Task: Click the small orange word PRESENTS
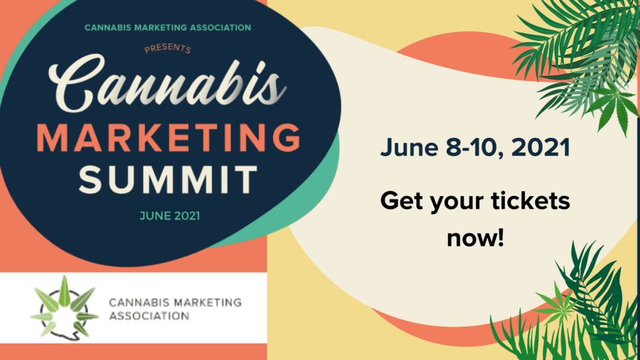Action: (x=168, y=48)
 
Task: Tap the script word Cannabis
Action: (x=167, y=84)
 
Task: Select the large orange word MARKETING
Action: (x=169, y=138)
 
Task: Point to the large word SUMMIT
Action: (x=168, y=179)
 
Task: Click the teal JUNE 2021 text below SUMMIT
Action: (x=170, y=216)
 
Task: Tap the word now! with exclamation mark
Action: (x=475, y=238)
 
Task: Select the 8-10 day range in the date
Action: (x=473, y=148)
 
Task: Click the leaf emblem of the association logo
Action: (x=65, y=307)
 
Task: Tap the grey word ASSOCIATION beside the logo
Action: (x=149, y=316)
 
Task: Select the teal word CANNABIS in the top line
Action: (x=108, y=27)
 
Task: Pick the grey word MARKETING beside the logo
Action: (x=208, y=303)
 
